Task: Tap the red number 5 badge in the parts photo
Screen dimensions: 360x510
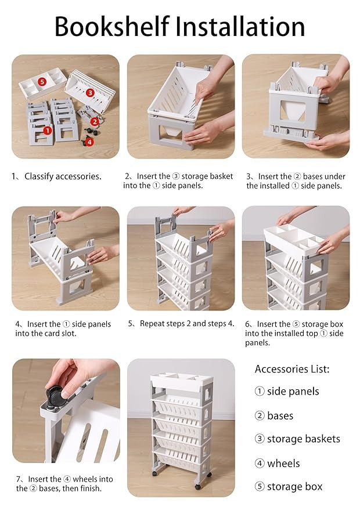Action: [42, 81]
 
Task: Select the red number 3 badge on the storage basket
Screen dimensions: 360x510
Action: [90, 93]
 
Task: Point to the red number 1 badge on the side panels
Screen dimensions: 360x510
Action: [48, 131]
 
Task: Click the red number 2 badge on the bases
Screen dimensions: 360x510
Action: [95, 122]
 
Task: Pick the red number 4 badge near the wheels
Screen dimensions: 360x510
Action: [89, 142]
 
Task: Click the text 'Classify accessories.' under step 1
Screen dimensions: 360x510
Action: [63, 176]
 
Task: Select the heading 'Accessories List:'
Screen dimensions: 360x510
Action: [292, 369]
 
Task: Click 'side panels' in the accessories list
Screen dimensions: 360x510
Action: [293, 391]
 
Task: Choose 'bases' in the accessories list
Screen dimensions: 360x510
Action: [280, 415]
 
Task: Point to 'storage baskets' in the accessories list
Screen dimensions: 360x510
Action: [303, 439]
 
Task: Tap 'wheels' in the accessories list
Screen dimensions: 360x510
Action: [283, 463]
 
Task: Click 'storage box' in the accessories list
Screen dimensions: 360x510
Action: [294, 487]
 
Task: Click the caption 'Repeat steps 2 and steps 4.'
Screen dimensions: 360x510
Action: [187, 324]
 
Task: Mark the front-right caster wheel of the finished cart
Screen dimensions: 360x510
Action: [197, 487]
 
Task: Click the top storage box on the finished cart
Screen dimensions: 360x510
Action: [181, 383]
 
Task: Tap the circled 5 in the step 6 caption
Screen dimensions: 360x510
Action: [296, 324]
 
